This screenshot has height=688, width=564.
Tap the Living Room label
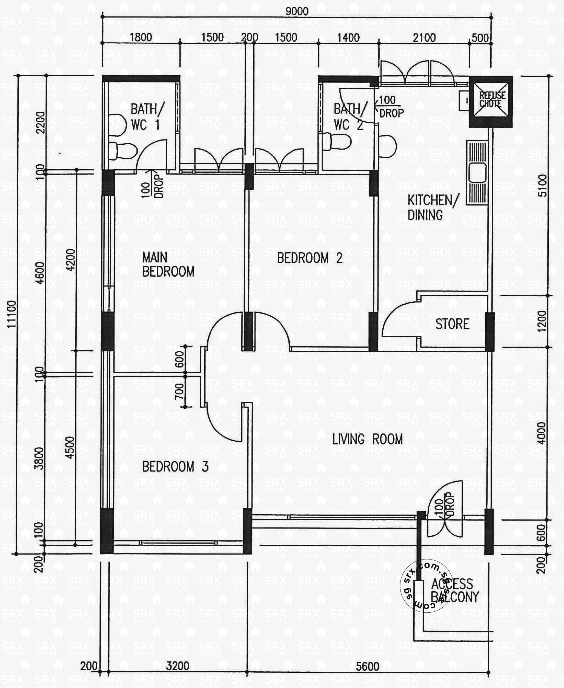[367, 439]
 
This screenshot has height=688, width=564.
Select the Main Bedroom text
[168, 264]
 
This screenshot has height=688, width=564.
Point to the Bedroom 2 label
[310, 258]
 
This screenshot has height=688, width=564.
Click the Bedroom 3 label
[175, 467]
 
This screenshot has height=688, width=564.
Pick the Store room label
[452, 324]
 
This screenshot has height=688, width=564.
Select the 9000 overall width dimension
[297, 12]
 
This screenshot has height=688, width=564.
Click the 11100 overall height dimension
[12, 314]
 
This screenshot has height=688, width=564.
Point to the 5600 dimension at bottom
[367, 667]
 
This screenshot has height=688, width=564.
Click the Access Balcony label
[454, 590]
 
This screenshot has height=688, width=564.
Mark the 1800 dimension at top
[141, 37]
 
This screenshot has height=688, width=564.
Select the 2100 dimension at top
[424, 38]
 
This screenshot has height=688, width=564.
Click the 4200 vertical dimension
[70, 260]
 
